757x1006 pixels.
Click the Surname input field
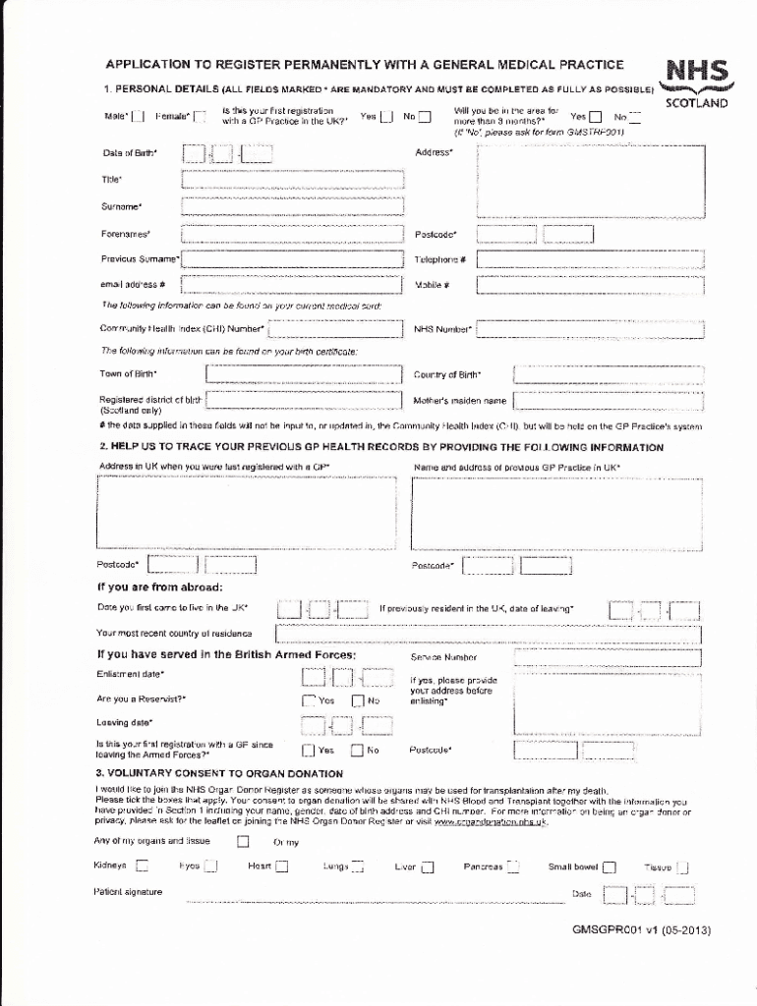(x=293, y=206)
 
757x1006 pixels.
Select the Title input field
(x=293, y=179)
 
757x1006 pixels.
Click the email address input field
(x=293, y=285)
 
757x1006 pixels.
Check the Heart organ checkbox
(x=282, y=866)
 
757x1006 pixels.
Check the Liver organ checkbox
(x=428, y=866)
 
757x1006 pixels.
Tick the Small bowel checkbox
(x=610, y=866)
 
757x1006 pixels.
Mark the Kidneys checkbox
(x=142, y=866)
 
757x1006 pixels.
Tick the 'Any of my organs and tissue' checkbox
(x=243, y=841)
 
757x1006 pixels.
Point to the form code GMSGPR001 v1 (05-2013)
(x=641, y=930)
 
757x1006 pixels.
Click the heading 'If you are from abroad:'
(x=159, y=587)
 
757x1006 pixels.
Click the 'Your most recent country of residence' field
(x=488, y=633)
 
